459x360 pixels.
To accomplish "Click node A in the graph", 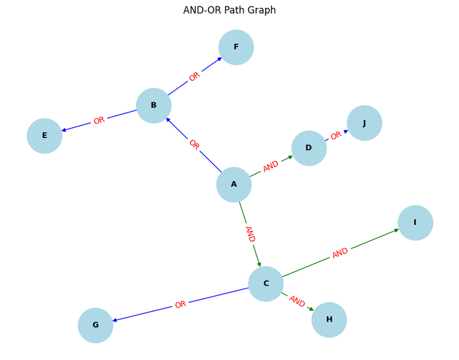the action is coord(234,185).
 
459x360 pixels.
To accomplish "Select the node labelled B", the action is coord(154,105).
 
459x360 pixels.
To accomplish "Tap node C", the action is coord(266,284).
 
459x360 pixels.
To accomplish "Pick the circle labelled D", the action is coord(309,148).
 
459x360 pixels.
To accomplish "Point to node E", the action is coord(44,136).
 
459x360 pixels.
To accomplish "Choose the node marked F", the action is coord(236,47).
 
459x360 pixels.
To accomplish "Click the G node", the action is coord(96,325).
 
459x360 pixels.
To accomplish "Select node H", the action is coord(329,320).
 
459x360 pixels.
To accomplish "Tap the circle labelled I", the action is coord(415,223).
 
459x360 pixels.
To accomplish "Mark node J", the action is coord(365,123).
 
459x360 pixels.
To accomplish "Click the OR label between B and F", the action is coord(194,77).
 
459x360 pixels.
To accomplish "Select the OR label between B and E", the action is coord(99,120).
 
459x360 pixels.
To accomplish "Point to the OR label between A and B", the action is coord(194,144).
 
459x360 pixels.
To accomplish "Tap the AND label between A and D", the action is coord(271,166).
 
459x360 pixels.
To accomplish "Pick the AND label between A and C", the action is coord(250,234).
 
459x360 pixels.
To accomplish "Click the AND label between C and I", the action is coord(340,253).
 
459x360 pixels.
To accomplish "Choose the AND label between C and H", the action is coord(297,301).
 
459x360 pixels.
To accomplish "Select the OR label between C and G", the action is coord(180,304).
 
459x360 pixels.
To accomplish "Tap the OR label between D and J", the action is coord(336,135).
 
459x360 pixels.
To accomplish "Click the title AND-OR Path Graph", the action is coord(229,10).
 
